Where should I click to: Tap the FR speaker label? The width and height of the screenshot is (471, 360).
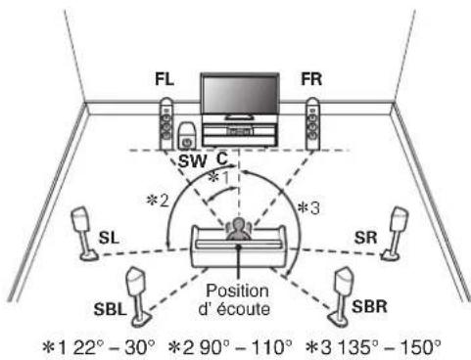point(310,77)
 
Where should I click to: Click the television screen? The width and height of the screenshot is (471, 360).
point(239,95)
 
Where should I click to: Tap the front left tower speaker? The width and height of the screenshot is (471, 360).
point(165,124)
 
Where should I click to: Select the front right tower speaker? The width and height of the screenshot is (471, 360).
point(311,124)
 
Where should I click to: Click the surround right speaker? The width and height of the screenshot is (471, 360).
point(398,231)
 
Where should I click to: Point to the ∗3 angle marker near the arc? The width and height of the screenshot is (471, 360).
point(308,207)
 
